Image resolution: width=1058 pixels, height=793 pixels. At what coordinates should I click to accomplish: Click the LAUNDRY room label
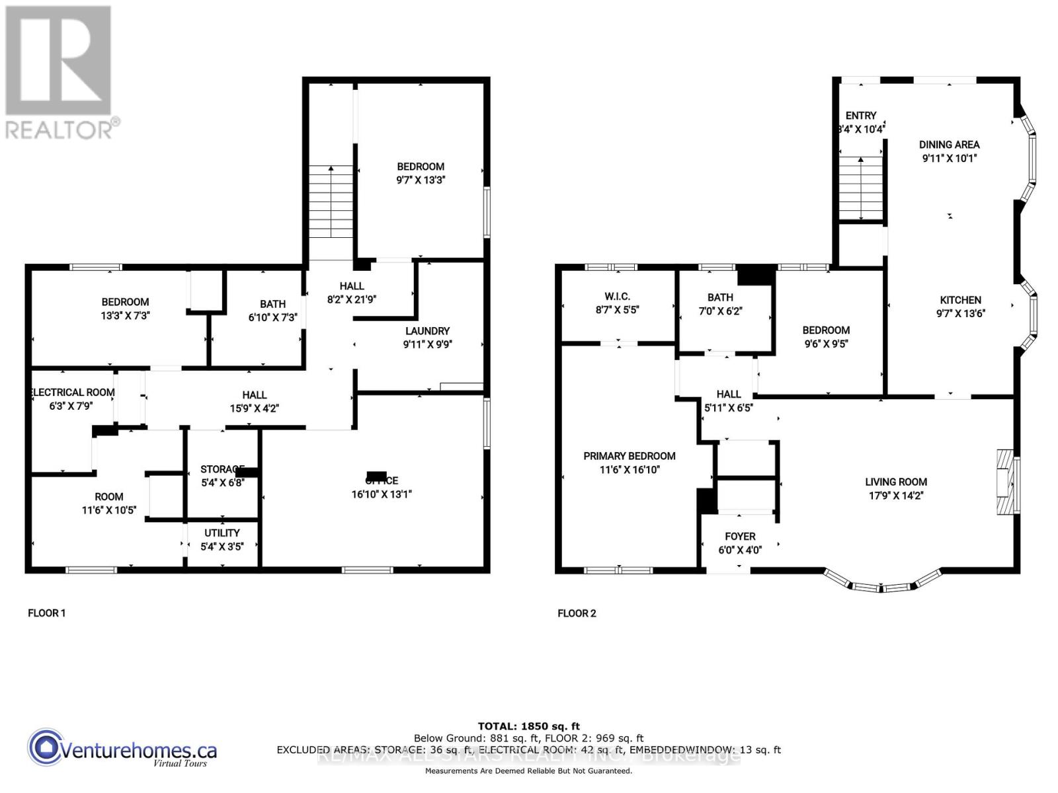[x=427, y=331]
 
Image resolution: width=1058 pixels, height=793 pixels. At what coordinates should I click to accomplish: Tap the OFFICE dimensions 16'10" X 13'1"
[x=382, y=494]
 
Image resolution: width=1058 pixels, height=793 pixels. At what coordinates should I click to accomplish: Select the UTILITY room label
[x=222, y=533]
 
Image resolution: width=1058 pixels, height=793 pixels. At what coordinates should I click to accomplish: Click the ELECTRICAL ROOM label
[x=73, y=393]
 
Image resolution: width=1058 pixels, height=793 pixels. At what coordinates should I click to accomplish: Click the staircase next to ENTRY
[x=861, y=188]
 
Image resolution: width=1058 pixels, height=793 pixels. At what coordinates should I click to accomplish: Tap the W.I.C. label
[x=617, y=296]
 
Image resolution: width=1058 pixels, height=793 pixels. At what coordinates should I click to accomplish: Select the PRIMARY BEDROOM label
[x=629, y=456]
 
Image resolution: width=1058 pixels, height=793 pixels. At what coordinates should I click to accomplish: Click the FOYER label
[x=740, y=537]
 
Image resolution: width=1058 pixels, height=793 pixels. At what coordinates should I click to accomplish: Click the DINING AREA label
[x=949, y=145]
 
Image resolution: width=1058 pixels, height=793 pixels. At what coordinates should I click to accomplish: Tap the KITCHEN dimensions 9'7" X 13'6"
[x=960, y=314]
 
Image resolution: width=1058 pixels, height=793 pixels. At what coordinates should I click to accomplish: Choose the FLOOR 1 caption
[x=46, y=613]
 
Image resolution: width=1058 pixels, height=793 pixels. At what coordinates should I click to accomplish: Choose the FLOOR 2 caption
[x=577, y=613]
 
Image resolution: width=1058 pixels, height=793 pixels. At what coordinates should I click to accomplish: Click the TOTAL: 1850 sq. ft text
[x=528, y=726]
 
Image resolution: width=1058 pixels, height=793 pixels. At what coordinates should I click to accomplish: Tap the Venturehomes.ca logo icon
[x=46, y=747]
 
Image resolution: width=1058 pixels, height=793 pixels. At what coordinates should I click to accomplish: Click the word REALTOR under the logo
[x=60, y=130]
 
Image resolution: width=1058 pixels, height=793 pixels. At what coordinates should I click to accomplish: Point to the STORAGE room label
[x=222, y=469]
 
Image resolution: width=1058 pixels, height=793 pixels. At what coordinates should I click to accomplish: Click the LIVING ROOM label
[x=896, y=482]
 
